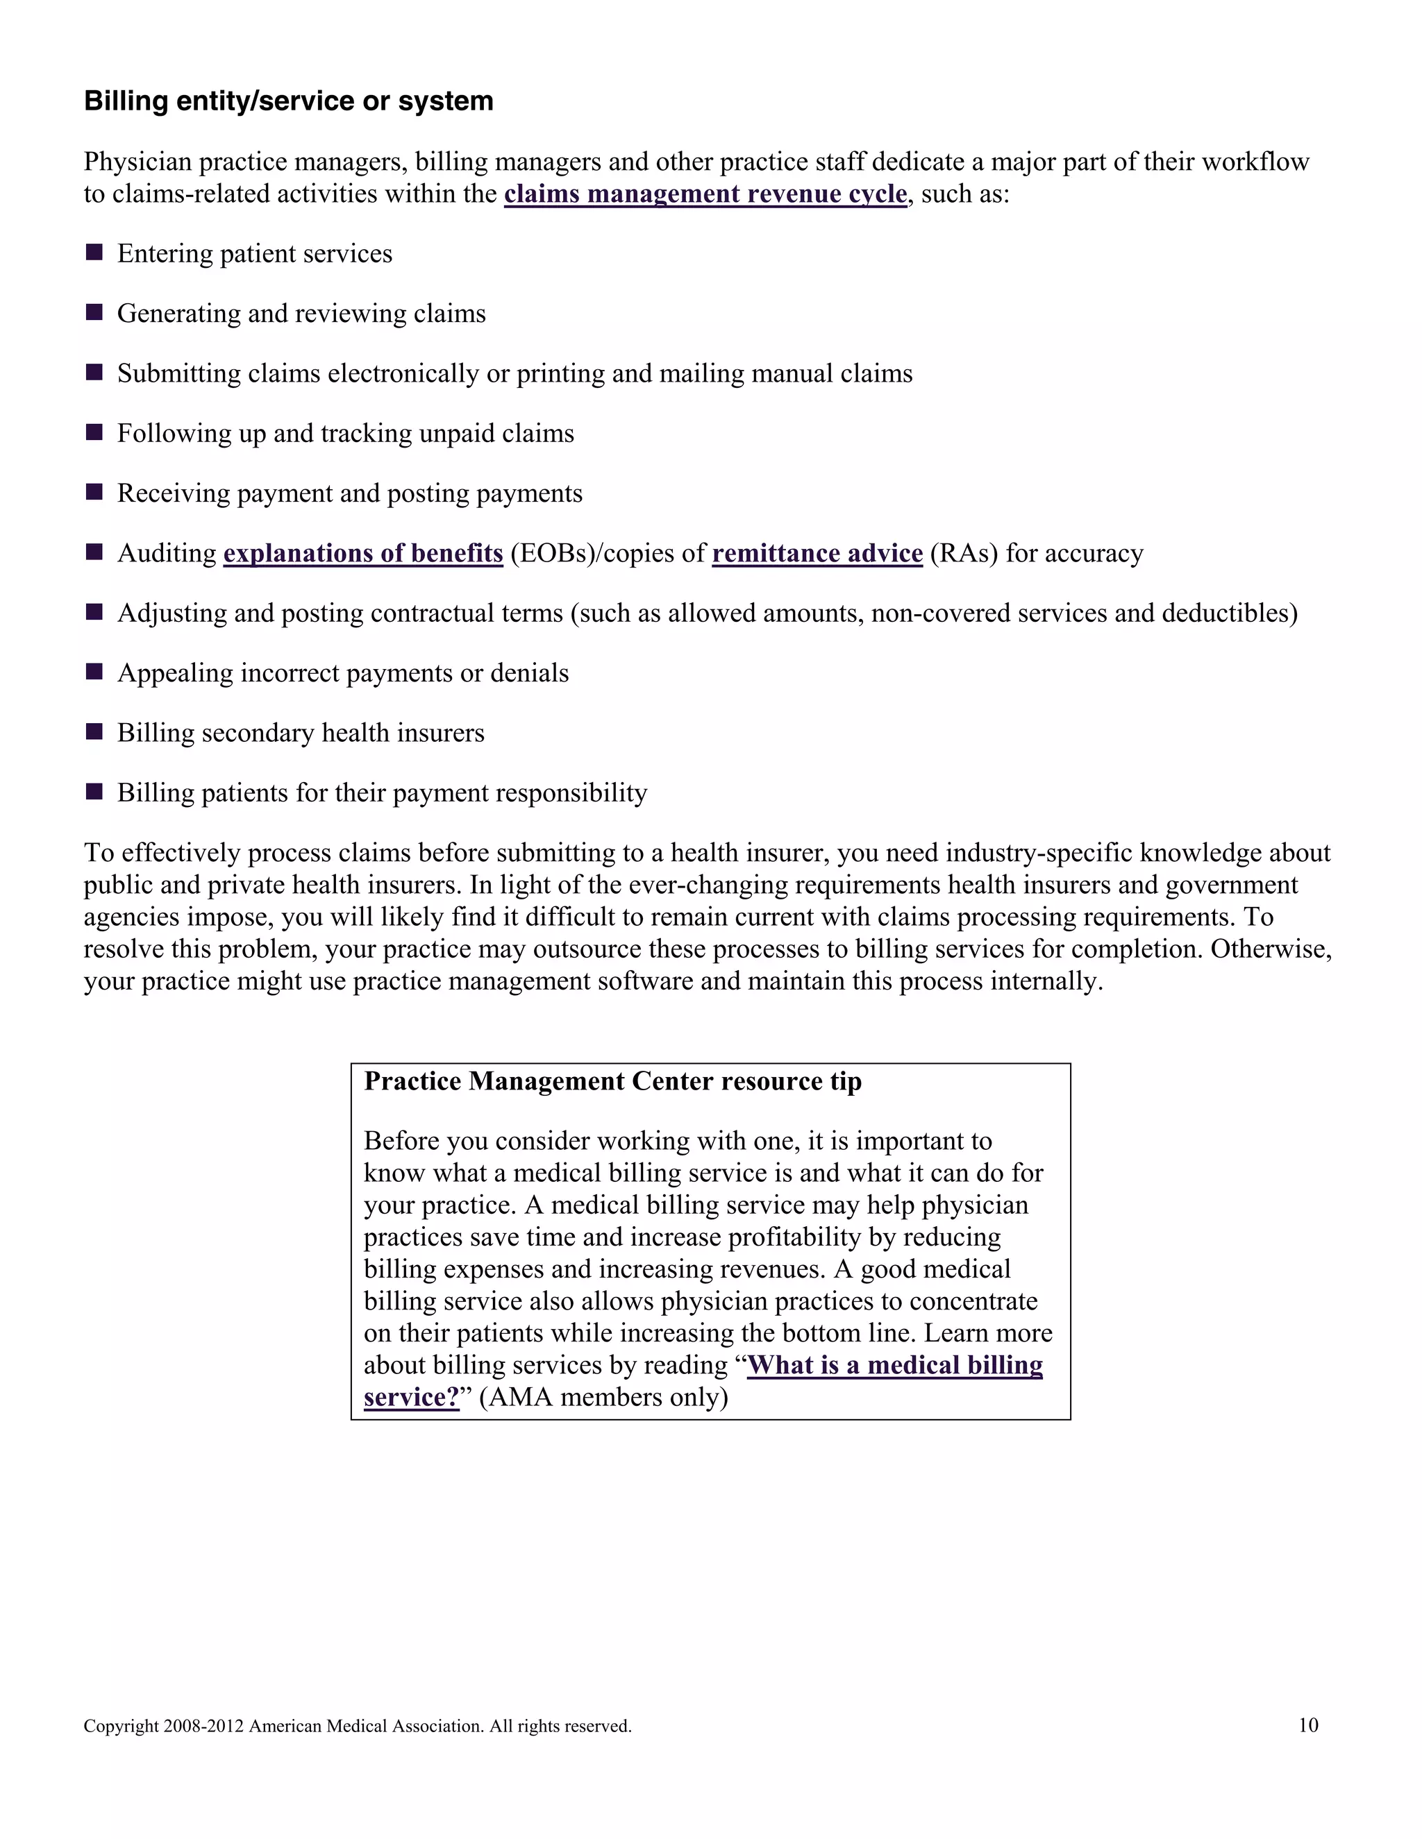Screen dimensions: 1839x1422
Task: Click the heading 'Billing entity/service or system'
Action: [x=288, y=101]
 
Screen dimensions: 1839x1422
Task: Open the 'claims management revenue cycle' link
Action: [x=705, y=194]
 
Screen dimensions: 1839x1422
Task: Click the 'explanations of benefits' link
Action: [x=363, y=553]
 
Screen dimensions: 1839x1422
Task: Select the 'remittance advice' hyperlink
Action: [x=817, y=553]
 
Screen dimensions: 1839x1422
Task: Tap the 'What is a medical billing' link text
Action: [x=894, y=1365]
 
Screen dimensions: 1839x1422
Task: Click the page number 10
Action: [x=1307, y=1725]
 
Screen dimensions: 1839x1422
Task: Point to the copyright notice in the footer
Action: [x=357, y=1726]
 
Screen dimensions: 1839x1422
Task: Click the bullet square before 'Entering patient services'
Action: [x=94, y=252]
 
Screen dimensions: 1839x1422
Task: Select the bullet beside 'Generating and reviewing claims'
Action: [x=94, y=312]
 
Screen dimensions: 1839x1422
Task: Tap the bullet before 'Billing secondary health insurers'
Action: [x=94, y=731]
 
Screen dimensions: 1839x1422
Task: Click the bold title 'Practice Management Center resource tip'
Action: [x=612, y=1081]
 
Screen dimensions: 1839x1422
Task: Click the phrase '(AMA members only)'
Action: [x=603, y=1397]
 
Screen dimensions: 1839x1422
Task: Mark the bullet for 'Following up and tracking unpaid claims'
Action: [x=94, y=432]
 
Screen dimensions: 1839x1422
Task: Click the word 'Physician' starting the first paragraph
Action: [x=137, y=162]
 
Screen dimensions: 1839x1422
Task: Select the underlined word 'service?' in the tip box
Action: [x=411, y=1397]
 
